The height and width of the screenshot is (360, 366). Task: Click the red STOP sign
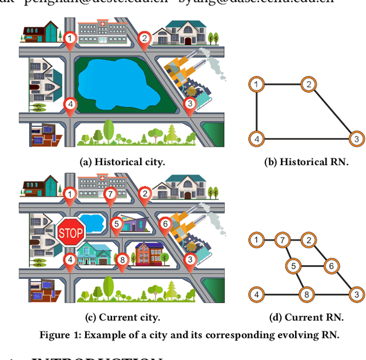71,231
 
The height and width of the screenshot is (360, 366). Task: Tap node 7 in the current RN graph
281,240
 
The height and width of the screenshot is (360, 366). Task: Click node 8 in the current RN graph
307,295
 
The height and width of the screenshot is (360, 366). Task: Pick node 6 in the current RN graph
330,266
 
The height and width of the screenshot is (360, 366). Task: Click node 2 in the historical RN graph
308,85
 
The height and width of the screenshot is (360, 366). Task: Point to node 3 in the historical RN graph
356,139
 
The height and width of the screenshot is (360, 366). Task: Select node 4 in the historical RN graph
257,139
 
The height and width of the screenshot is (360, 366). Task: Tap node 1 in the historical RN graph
257,85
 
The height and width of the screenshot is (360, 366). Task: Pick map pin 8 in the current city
121,261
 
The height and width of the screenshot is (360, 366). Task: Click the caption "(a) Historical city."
121,162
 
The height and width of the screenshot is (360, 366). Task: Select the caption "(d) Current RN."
306,318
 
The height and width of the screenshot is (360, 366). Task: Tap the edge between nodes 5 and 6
312,266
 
